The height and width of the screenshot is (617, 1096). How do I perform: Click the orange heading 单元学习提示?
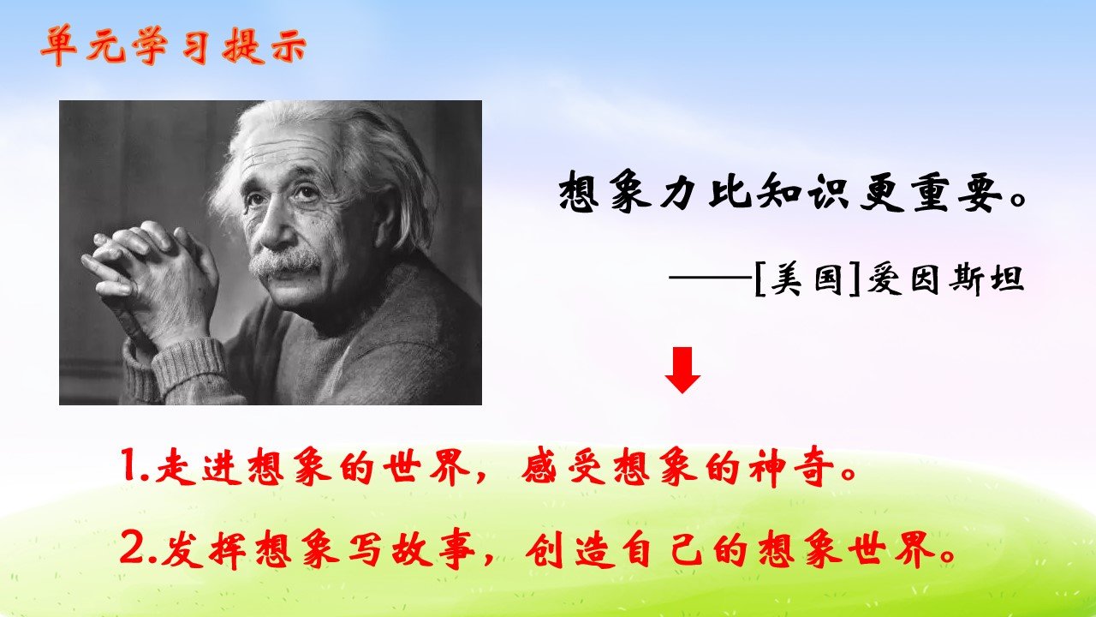[x=174, y=46]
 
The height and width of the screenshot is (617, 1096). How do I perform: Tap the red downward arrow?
[x=682, y=369]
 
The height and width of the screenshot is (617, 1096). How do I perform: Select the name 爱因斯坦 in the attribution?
[x=945, y=280]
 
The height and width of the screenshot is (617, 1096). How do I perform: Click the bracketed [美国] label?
[x=807, y=280]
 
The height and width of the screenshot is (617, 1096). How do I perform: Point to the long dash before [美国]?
[x=711, y=278]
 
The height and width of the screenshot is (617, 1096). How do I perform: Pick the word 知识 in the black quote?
[x=803, y=193]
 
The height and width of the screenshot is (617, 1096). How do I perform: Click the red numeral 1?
[x=129, y=465]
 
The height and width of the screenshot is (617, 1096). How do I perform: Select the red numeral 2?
[x=131, y=548]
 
